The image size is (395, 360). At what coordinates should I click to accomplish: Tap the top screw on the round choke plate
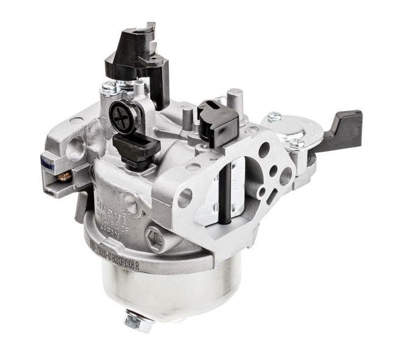(x=274, y=116)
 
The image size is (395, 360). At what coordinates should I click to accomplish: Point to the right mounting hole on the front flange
(x=264, y=150)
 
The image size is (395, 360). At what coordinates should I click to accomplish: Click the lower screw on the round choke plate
(x=297, y=144)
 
